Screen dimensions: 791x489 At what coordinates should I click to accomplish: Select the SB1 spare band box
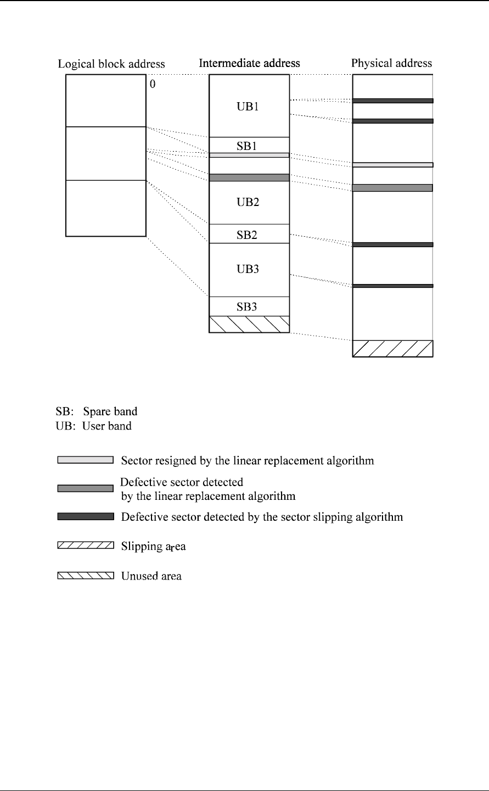[x=248, y=146]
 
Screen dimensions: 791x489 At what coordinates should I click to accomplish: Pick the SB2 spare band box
[x=248, y=234]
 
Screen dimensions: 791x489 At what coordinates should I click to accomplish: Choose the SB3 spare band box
[x=248, y=307]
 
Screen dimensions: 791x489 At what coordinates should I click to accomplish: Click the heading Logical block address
[x=111, y=64]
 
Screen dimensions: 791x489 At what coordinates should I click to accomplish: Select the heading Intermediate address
[x=249, y=63]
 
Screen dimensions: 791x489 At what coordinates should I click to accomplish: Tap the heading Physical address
[x=391, y=63]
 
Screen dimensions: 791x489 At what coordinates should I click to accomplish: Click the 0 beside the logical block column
[x=153, y=86]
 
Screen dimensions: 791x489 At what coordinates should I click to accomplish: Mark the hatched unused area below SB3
[x=249, y=324]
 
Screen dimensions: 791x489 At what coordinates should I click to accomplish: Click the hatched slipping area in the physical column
[x=392, y=349]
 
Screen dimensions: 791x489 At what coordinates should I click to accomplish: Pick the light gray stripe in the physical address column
[x=392, y=165]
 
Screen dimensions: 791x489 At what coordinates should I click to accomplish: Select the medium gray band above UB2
[x=249, y=177]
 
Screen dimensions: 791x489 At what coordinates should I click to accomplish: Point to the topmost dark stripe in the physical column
[x=392, y=101]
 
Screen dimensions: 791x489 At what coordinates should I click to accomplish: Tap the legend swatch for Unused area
[x=86, y=576]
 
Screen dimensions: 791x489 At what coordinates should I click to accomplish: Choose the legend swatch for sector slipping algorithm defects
[x=86, y=516]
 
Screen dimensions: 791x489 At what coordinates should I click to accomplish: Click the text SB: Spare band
[x=96, y=411]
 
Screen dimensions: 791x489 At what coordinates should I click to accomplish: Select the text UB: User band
[x=93, y=426]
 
